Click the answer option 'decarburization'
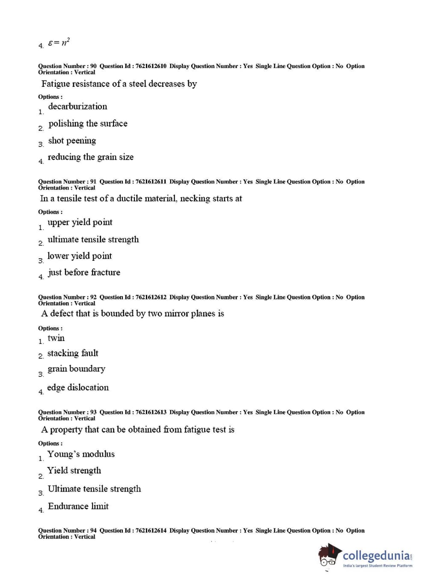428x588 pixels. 77,106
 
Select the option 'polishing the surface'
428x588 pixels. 88,124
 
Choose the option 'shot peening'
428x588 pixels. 72,141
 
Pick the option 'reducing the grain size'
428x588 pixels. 90,157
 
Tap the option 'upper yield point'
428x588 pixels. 80,222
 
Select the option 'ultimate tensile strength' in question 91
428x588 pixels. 93,239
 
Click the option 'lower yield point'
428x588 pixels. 79,256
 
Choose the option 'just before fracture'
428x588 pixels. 84,272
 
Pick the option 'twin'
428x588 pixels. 56,338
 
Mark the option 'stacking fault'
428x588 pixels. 73,353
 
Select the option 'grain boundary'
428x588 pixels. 76,369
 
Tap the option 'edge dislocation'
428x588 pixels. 78,387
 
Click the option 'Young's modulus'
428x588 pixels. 81,454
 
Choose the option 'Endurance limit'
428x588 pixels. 78,506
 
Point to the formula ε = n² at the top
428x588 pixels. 59,43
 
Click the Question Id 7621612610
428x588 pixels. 151,66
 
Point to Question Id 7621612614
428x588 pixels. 151,531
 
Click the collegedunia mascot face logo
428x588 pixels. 330,556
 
